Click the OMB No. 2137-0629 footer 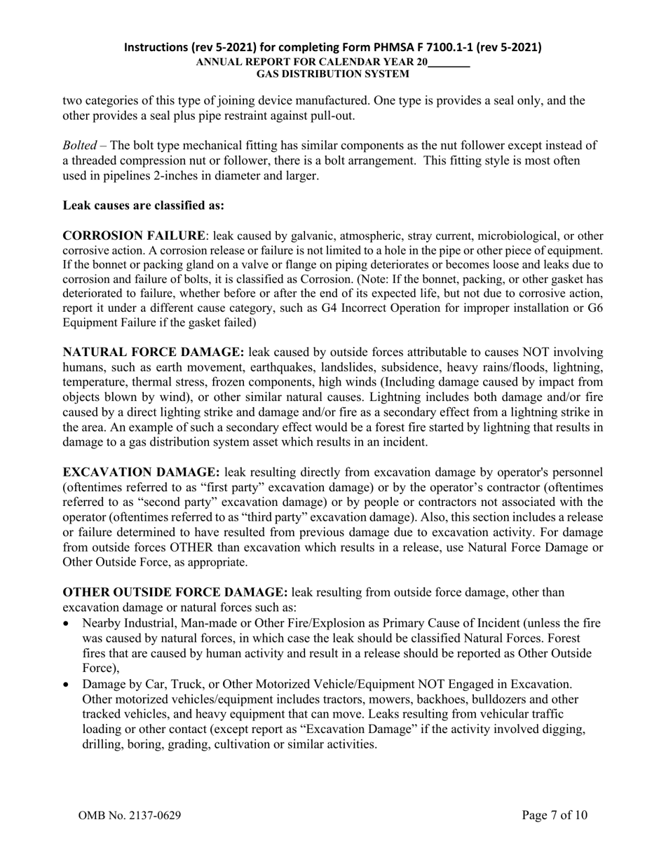[x=132, y=816]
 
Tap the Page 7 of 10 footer [x=555, y=815]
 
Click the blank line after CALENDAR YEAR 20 [x=449, y=62]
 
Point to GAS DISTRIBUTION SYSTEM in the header [x=333, y=73]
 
